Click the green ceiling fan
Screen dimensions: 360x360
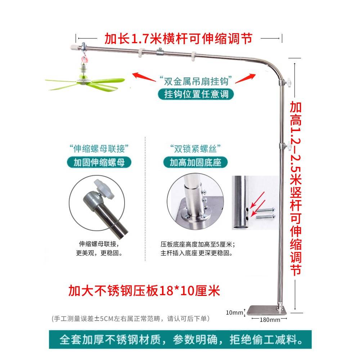click(x=85, y=81)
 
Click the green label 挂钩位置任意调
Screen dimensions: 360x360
click(x=194, y=94)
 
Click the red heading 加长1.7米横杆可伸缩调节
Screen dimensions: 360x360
click(x=178, y=38)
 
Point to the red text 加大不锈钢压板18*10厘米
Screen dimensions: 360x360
click(x=144, y=290)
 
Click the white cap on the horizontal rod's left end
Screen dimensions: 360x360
click(x=73, y=47)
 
